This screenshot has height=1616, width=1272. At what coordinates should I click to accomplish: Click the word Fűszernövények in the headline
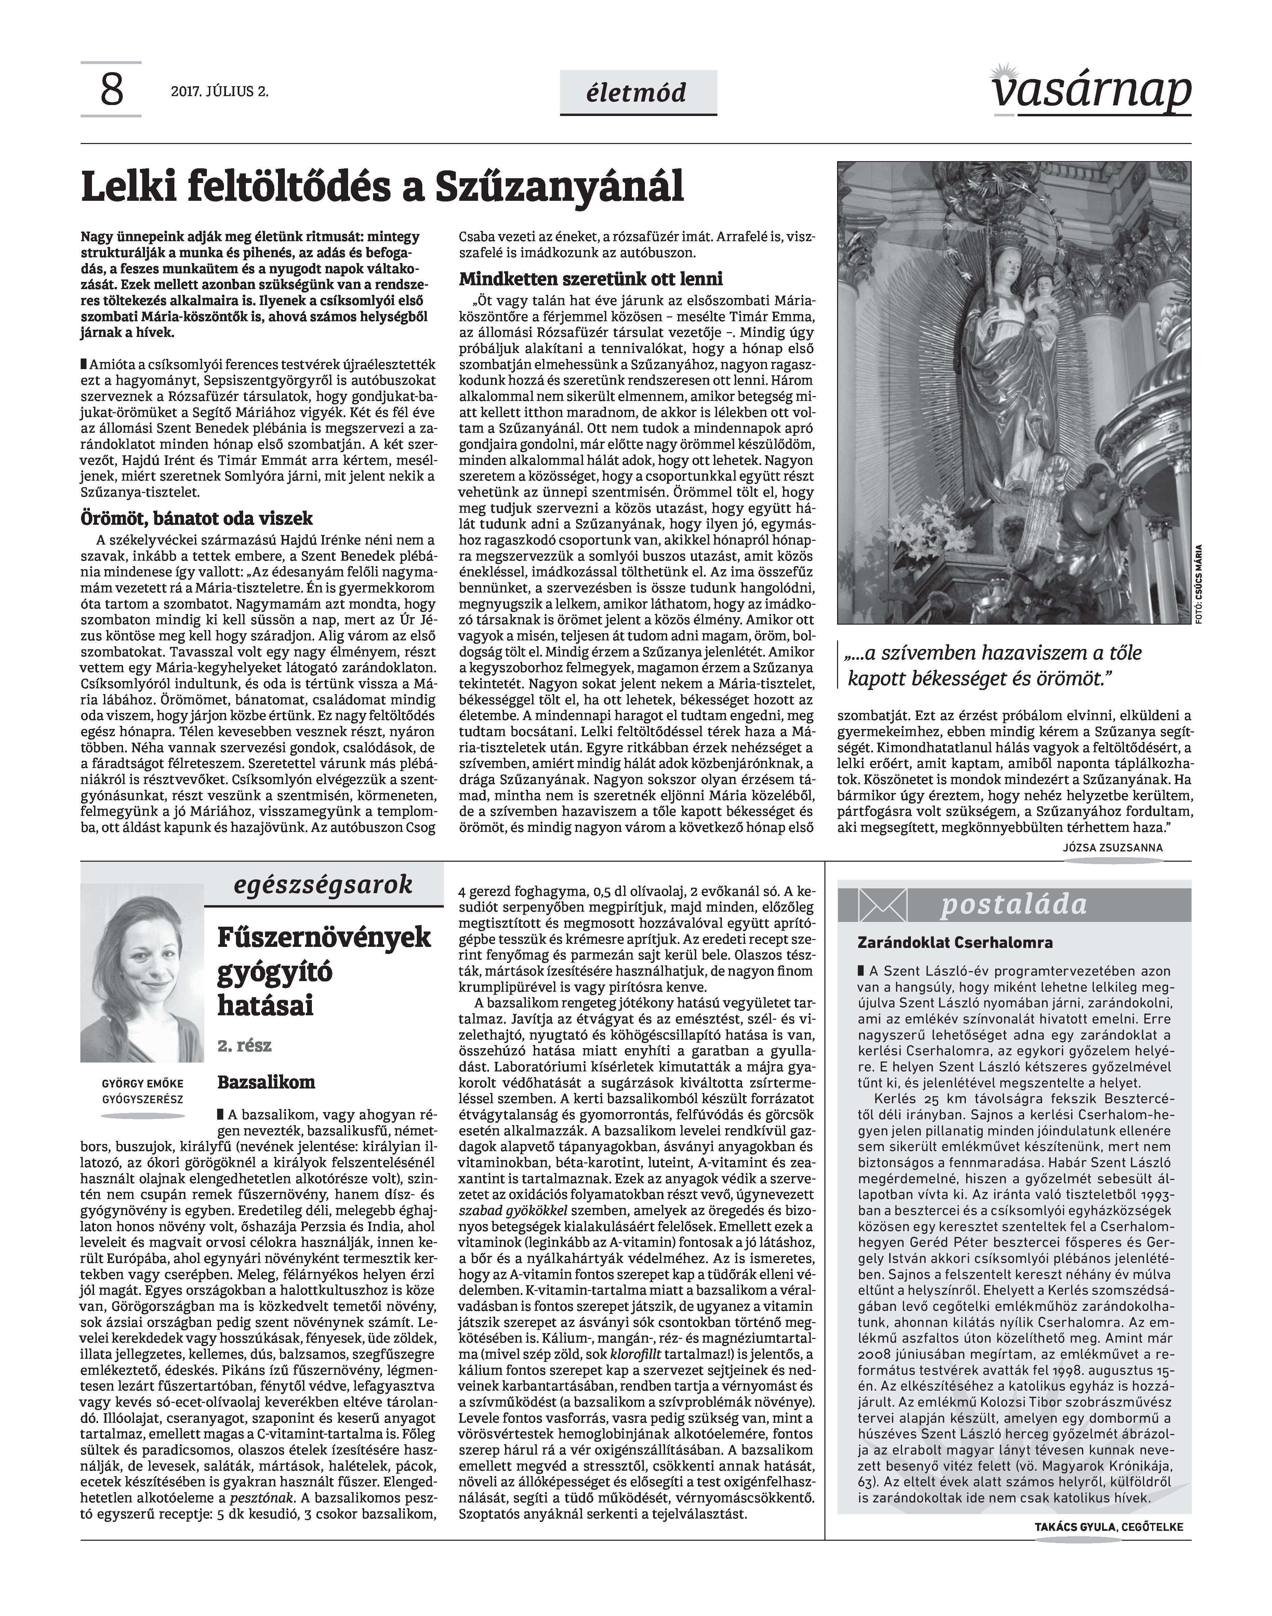[x=324, y=937]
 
